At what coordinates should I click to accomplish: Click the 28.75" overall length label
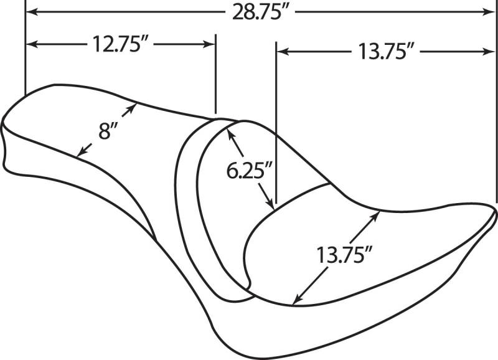pos(256,12)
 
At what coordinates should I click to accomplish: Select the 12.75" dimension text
pos(118,44)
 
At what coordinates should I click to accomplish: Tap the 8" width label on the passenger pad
pos(108,131)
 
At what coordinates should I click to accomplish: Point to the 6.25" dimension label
pos(250,171)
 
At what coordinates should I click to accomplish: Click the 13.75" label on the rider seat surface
pos(344,255)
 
